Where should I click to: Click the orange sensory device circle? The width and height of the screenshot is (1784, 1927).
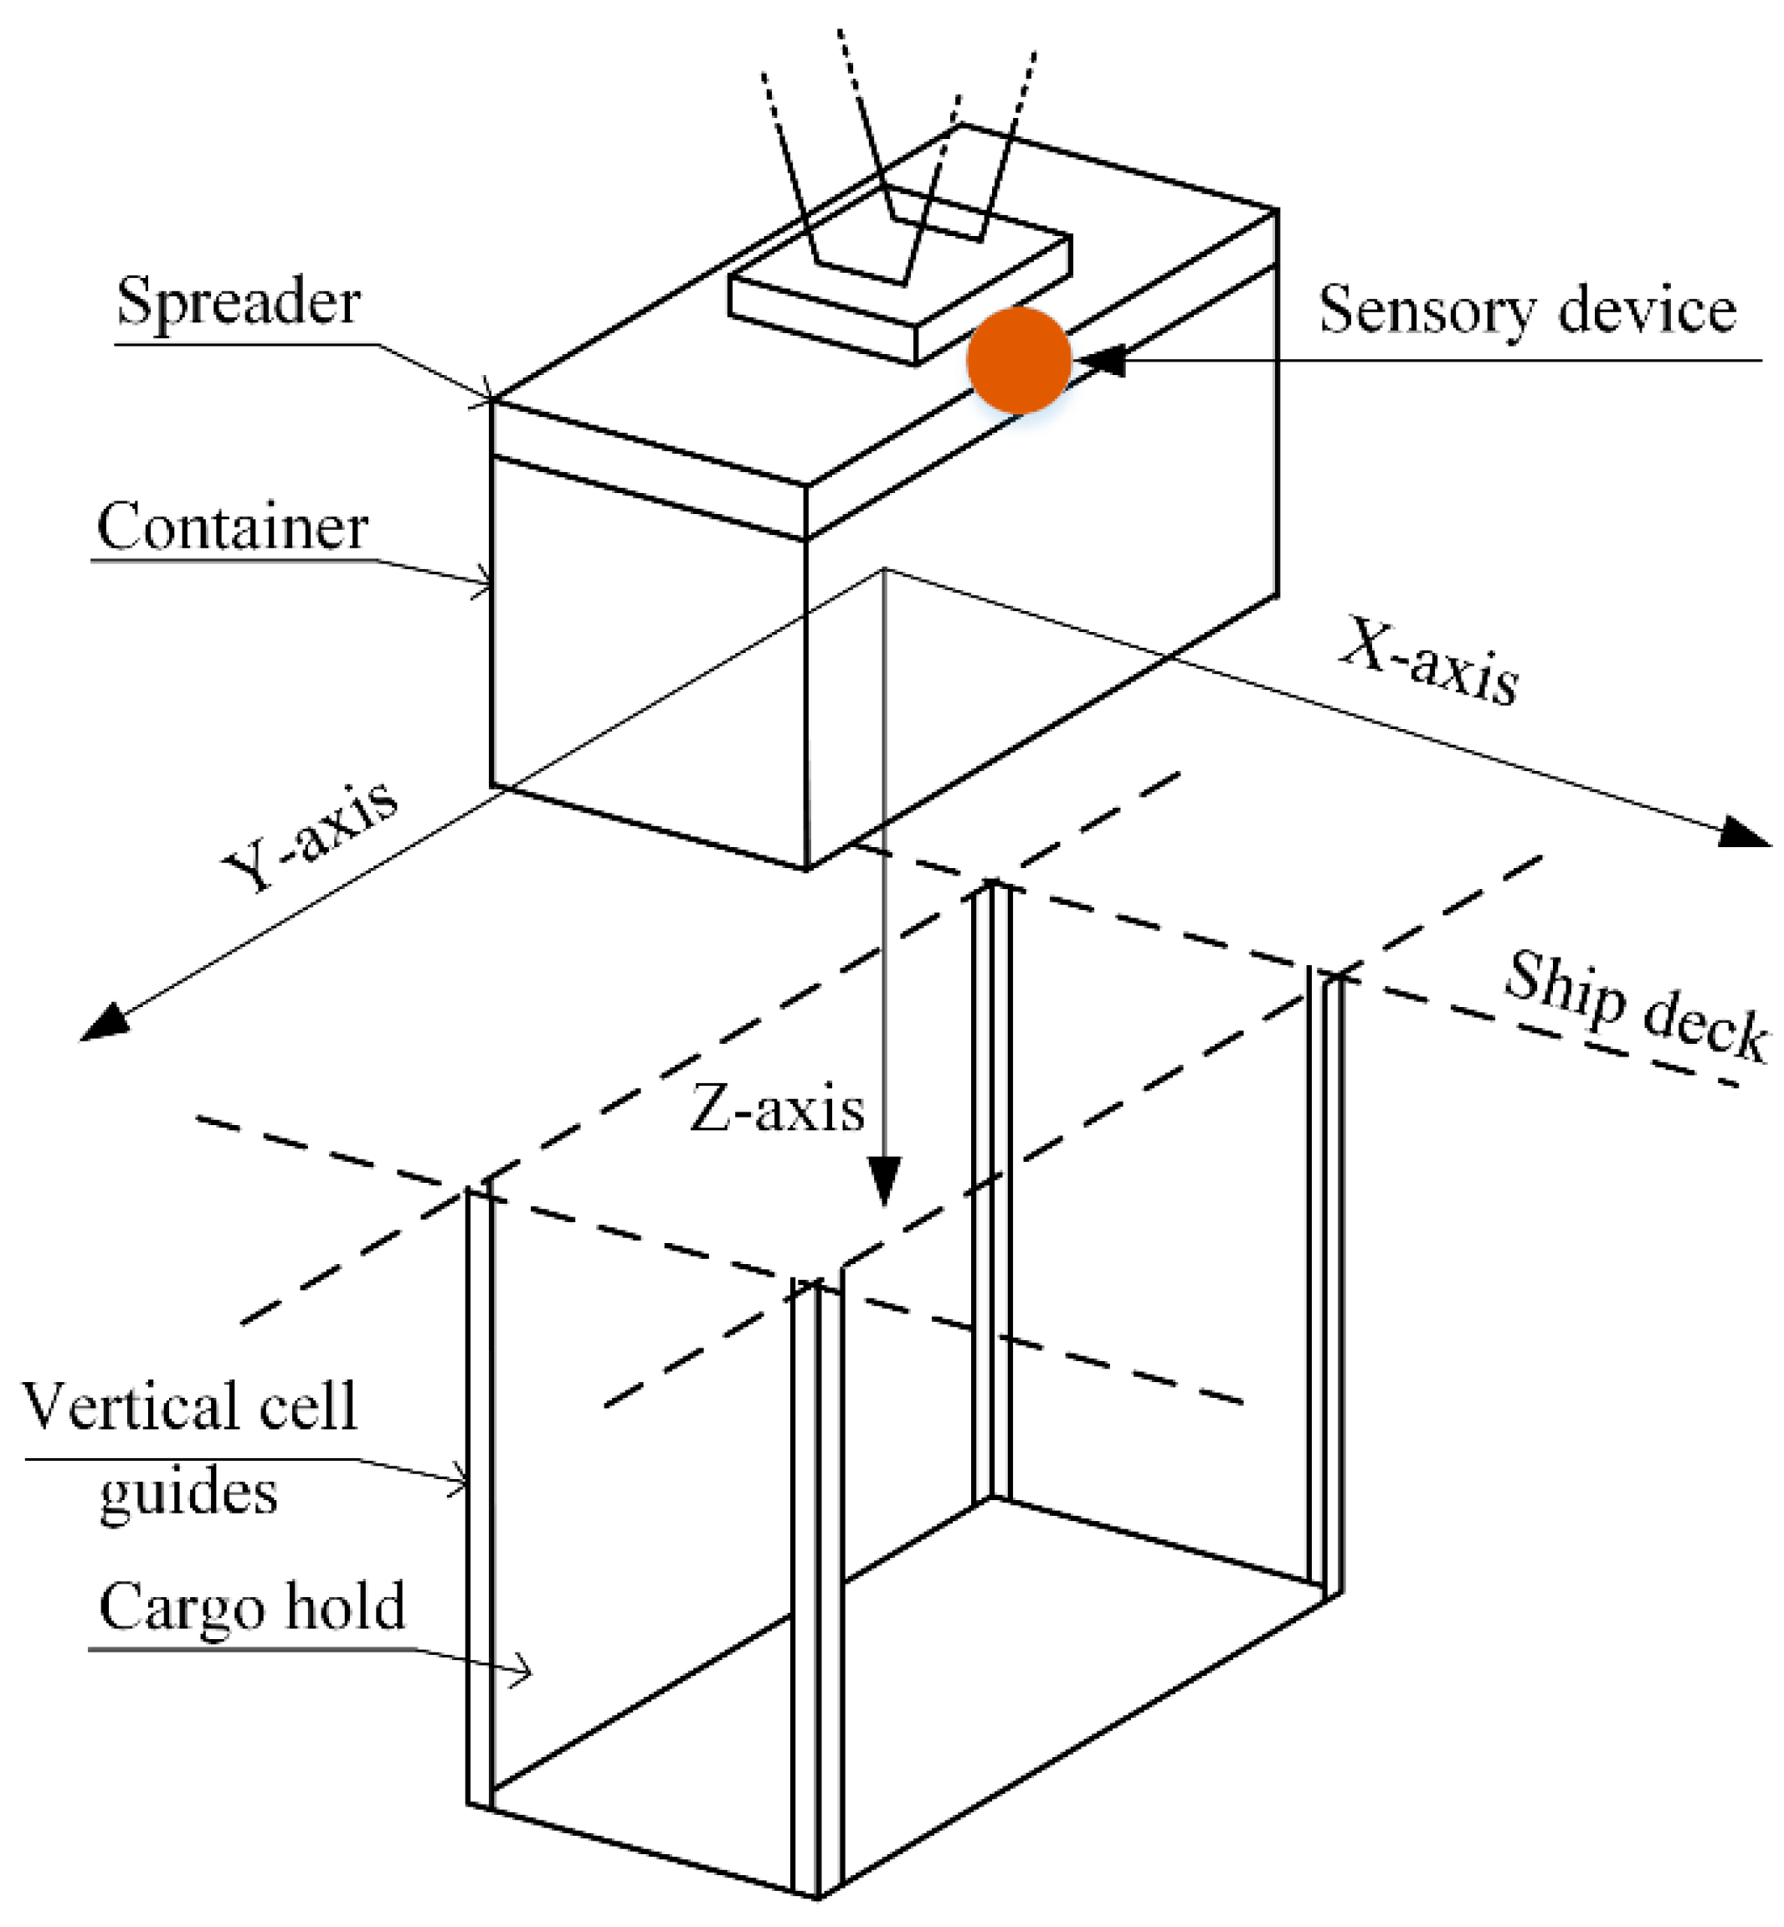click(1019, 360)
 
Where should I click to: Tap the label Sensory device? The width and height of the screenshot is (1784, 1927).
click(1527, 310)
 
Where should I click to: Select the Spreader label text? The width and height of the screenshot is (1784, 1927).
click(238, 301)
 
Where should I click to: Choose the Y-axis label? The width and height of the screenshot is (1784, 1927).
click(309, 836)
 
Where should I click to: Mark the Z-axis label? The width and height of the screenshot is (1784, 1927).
click(776, 1109)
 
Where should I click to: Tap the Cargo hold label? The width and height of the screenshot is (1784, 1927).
click(252, 1607)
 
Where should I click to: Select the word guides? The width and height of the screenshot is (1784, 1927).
click(188, 1493)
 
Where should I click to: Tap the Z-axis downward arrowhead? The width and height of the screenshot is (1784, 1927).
click(884, 1183)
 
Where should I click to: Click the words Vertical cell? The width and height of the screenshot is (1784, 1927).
click(189, 1406)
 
